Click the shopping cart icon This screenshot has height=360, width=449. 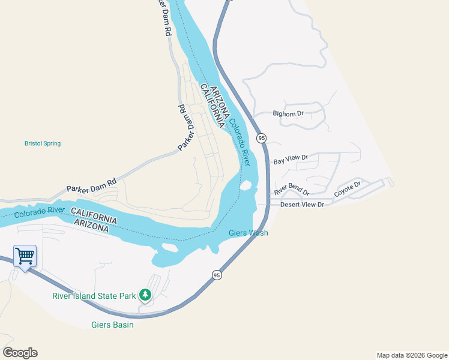(x=25, y=256)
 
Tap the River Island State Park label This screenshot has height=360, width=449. (x=93, y=295)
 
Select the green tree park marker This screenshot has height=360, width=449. (x=145, y=295)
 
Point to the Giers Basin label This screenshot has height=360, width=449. (x=112, y=325)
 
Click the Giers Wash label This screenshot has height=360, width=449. (x=249, y=233)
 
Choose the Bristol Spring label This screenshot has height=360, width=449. (x=43, y=143)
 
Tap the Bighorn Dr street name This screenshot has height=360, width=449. (x=289, y=113)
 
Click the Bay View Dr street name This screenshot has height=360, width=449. (x=291, y=160)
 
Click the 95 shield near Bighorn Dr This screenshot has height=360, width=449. (x=261, y=138)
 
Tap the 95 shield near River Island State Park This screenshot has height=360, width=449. (x=217, y=275)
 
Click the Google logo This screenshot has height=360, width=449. (x=20, y=353)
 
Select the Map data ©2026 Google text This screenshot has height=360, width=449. (x=411, y=355)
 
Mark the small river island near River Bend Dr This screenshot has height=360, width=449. (x=245, y=185)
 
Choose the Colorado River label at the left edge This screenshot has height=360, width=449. (x=39, y=212)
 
